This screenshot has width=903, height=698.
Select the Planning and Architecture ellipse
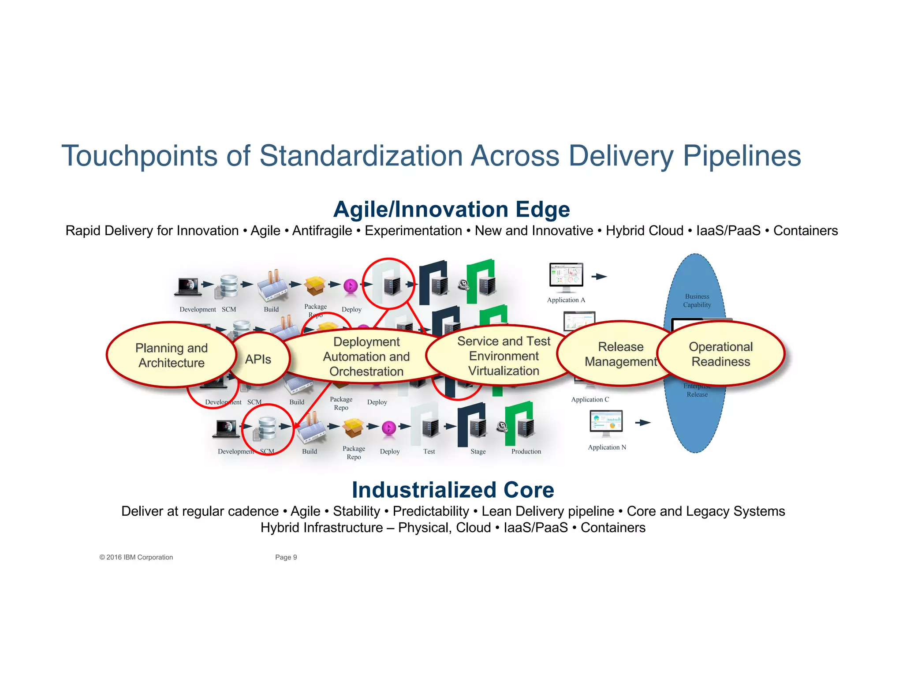click(x=171, y=355)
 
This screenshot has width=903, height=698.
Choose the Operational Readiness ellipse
click(x=720, y=354)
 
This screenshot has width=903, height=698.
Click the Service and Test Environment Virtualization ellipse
click(x=504, y=356)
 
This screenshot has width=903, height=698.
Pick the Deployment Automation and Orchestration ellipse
click(x=366, y=357)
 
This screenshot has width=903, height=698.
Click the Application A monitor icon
click(x=566, y=277)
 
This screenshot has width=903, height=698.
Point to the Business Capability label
click(x=697, y=300)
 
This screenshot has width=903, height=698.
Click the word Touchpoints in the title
click(x=140, y=156)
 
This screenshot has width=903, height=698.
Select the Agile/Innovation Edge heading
click(x=451, y=209)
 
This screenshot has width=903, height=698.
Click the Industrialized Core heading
click(x=453, y=490)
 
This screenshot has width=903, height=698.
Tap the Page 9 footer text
click(x=286, y=557)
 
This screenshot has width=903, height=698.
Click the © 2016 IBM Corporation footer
click(x=136, y=557)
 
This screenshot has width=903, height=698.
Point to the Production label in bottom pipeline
click(x=526, y=451)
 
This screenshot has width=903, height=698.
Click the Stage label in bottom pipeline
click(x=478, y=451)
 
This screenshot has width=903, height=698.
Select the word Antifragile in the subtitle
click(x=322, y=231)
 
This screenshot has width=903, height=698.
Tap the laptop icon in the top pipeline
click(x=188, y=286)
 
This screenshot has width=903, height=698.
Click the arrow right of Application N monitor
click(x=643, y=423)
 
